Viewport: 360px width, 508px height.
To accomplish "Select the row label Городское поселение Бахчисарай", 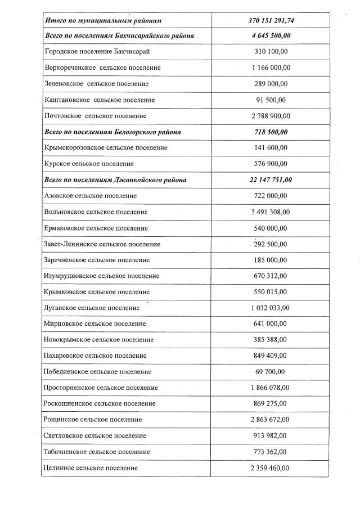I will click(x=97, y=52).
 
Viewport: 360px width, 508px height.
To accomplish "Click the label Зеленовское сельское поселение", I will click(x=96, y=84).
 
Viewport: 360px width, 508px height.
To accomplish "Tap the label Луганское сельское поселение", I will click(x=91, y=308).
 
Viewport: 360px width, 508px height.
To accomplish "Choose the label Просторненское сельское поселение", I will click(x=101, y=388).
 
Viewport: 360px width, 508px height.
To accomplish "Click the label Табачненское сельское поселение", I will click(x=97, y=452).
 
